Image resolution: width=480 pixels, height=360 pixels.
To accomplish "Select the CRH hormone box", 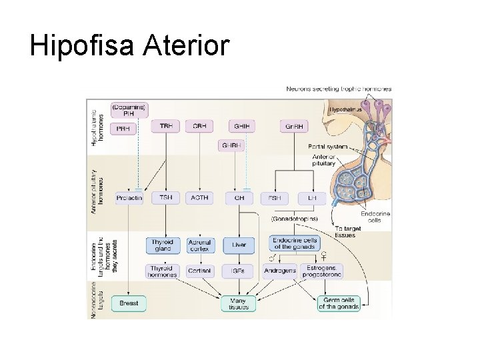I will pyautogui.click(x=199, y=125).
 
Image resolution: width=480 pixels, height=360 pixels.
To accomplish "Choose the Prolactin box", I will pyautogui.click(x=128, y=197).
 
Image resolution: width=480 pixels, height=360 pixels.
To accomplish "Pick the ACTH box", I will pyautogui.click(x=199, y=197).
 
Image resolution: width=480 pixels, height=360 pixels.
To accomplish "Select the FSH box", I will pyautogui.click(x=275, y=197).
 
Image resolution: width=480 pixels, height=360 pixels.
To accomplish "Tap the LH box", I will pyautogui.click(x=311, y=197).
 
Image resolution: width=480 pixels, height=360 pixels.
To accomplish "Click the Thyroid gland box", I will pyautogui.click(x=163, y=245).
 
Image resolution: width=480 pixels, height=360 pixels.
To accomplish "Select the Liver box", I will pyautogui.click(x=238, y=245).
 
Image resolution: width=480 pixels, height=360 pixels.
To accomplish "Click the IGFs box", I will pyautogui.click(x=238, y=271).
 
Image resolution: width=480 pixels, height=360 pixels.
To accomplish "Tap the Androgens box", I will pyautogui.click(x=280, y=271).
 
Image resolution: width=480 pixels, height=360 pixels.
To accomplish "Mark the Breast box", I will pyautogui.click(x=128, y=303).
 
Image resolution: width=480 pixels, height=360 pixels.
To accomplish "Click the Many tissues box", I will pyautogui.click(x=237, y=303).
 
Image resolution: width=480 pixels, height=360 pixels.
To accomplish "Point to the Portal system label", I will pyautogui.click(x=326, y=147).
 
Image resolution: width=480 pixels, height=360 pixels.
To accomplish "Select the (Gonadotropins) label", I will pyautogui.click(x=293, y=218).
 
